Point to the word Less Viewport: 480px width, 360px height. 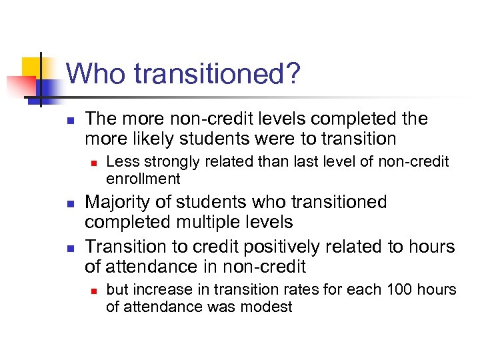[x=120, y=162]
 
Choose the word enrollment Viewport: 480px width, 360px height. [x=143, y=179]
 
